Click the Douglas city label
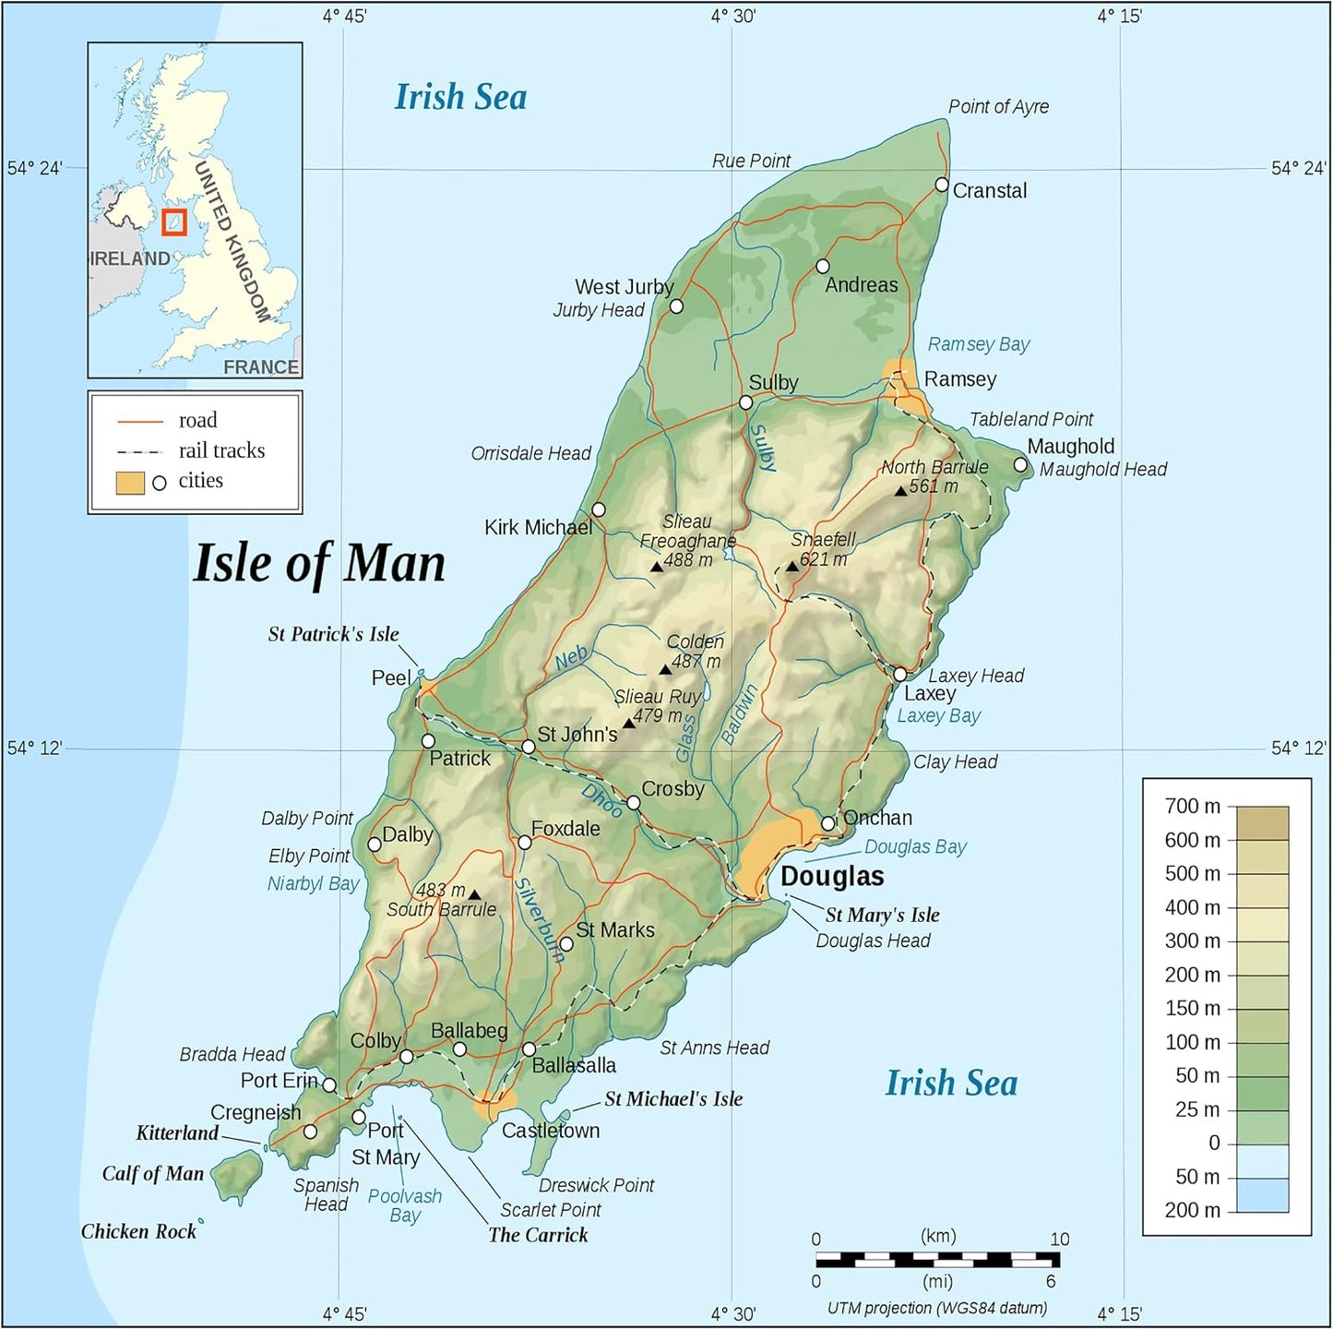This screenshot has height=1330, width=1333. (x=832, y=876)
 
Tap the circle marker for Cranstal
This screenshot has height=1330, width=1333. (x=941, y=185)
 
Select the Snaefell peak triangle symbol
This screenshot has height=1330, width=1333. (x=791, y=566)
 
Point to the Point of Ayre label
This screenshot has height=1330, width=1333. (x=998, y=106)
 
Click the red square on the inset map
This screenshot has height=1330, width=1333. (x=173, y=222)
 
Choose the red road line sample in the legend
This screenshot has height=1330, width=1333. (x=139, y=421)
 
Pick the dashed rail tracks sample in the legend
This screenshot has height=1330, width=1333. (x=139, y=451)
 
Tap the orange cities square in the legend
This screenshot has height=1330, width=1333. (x=130, y=482)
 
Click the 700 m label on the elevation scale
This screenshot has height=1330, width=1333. (x=1192, y=806)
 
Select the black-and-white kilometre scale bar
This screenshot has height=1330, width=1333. (x=937, y=1258)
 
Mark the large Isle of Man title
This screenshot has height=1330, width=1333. (x=318, y=563)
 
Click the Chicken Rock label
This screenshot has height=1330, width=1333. (x=138, y=1231)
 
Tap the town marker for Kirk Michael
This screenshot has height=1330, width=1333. (x=598, y=509)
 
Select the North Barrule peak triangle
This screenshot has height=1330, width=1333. (x=900, y=491)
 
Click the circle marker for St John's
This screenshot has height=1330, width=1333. (x=528, y=747)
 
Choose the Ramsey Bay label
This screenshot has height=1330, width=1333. (x=978, y=344)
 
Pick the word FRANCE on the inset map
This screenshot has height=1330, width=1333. (x=261, y=366)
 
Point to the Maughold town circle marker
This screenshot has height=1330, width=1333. (x=1020, y=464)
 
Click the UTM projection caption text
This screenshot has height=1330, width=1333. (x=936, y=1307)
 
